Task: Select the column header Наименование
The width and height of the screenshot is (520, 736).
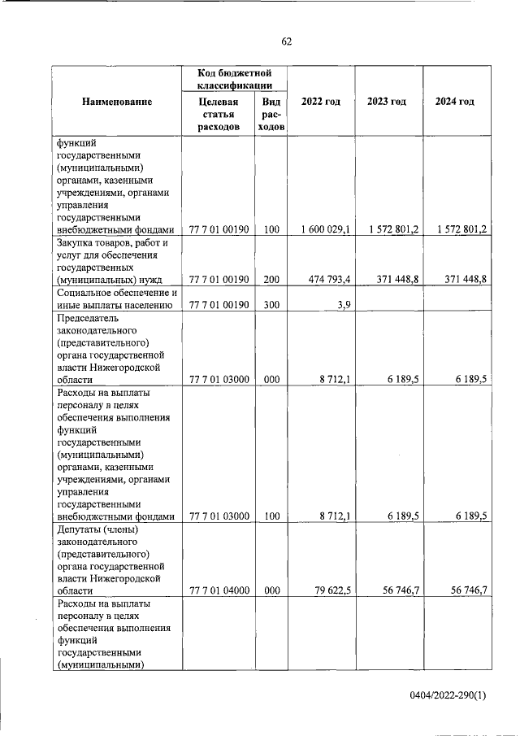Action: (x=116, y=102)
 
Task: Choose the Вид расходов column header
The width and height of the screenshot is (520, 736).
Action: (x=271, y=115)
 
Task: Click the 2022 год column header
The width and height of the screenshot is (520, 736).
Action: (x=320, y=102)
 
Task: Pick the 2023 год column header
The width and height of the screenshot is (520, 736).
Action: (x=387, y=102)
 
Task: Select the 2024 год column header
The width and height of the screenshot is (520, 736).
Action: (x=455, y=102)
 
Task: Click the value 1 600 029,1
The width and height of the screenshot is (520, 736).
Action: (x=324, y=230)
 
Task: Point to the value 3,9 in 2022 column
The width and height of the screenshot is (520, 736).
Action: (x=343, y=305)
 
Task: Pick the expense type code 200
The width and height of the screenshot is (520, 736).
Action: (x=271, y=280)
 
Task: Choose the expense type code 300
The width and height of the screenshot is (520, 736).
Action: (x=271, y=305)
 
